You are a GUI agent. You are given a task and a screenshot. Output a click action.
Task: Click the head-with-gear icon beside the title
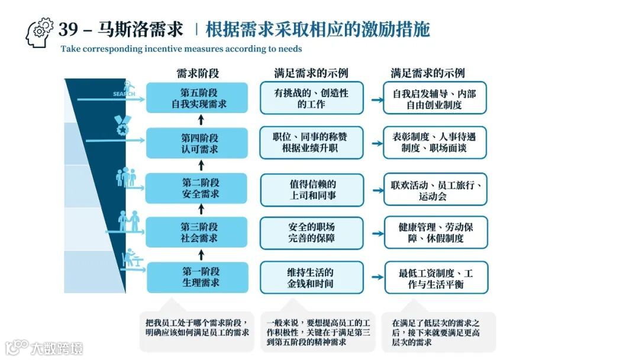(x=40, y=33)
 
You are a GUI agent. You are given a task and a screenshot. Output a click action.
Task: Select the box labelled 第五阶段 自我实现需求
(x=197, y=98)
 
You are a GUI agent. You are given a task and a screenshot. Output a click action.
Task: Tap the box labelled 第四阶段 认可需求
(x=197, y=143)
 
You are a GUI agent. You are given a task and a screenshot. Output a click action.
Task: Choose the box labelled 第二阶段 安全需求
(x=197, y=188)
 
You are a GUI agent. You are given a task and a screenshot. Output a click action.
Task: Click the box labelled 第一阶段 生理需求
(x=197, y=277)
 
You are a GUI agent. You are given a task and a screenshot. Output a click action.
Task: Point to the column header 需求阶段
(x=198, y=73)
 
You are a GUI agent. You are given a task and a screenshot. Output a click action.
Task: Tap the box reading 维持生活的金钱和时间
(x=311, y=278)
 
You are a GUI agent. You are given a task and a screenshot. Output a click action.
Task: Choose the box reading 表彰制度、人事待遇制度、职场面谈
(x=434, y=143)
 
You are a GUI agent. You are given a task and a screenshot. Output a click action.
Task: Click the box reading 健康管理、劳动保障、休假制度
(x=435, y=233)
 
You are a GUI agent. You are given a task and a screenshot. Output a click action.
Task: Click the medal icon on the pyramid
(x=122, y=126)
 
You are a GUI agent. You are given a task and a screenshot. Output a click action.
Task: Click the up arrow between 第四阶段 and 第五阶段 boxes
(x=201, y=121)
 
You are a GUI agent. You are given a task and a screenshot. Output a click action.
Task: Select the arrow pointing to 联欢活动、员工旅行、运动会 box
(x=376, y=190)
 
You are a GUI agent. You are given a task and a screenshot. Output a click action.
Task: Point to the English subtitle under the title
(x=181, y=49)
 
